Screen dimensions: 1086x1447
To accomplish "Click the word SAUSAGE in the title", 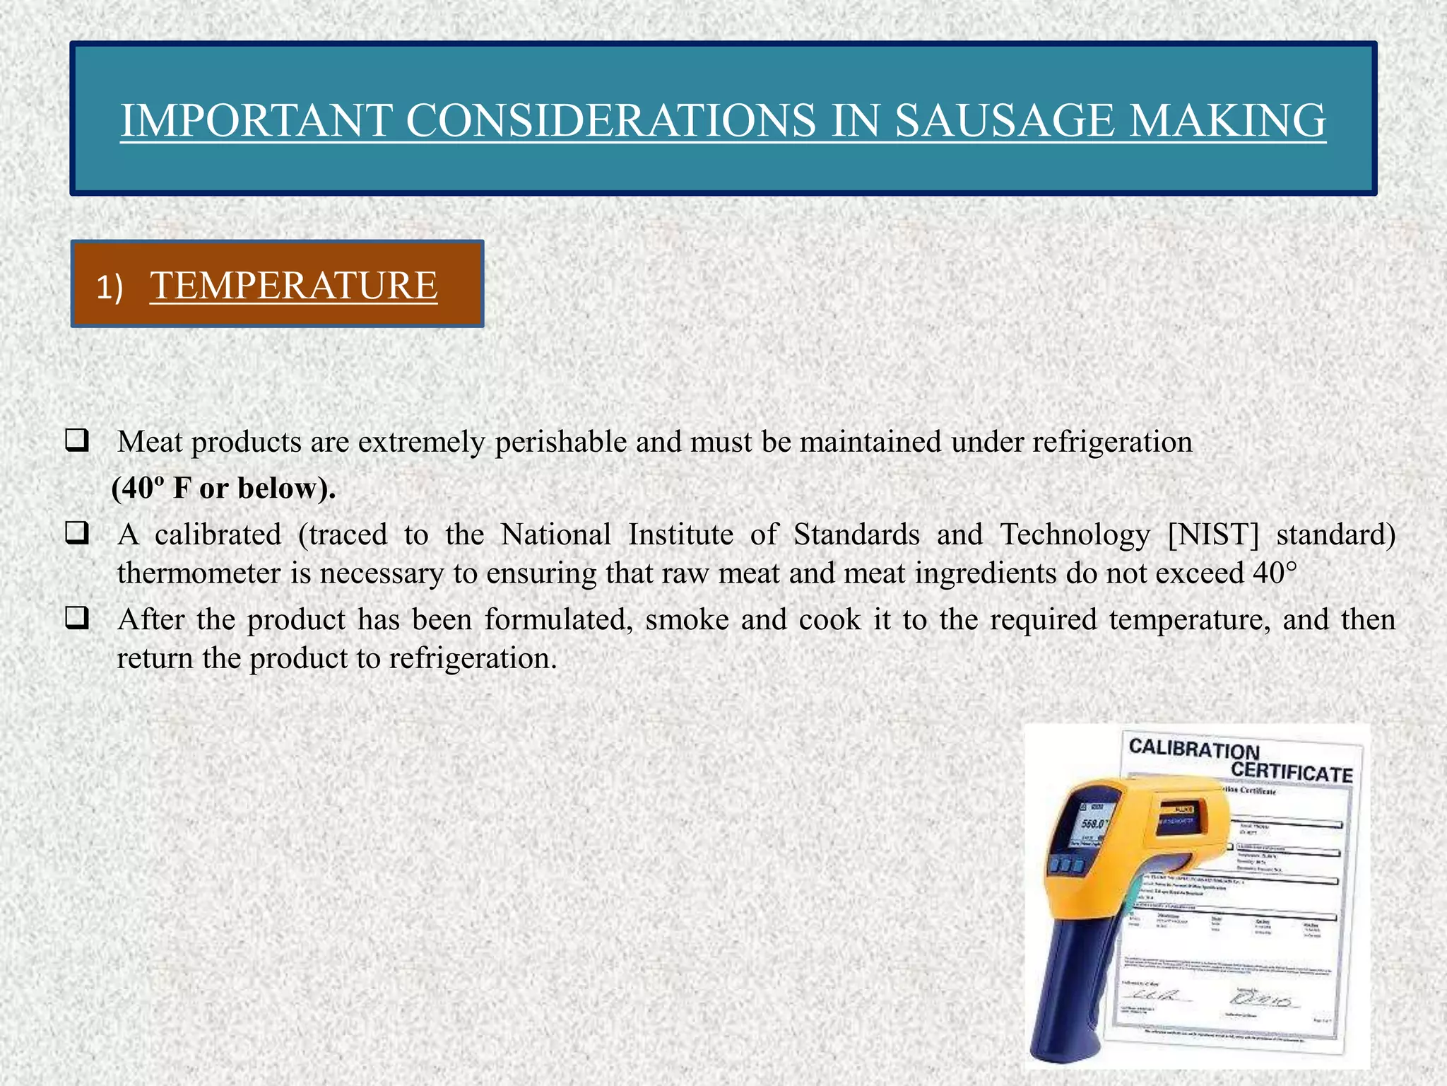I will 1003,120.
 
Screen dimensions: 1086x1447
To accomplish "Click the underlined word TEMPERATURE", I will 293,286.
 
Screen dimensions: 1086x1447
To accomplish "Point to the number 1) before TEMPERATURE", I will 110,288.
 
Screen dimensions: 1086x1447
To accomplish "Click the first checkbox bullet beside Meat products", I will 76,441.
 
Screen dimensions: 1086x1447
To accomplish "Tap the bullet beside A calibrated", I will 76,533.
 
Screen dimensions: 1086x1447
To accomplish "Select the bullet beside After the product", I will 76,619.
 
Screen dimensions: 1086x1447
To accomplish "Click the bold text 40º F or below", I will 223,488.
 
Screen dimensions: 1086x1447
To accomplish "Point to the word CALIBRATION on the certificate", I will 1194,749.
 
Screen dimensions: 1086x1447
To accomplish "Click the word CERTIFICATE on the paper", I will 1292,771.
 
